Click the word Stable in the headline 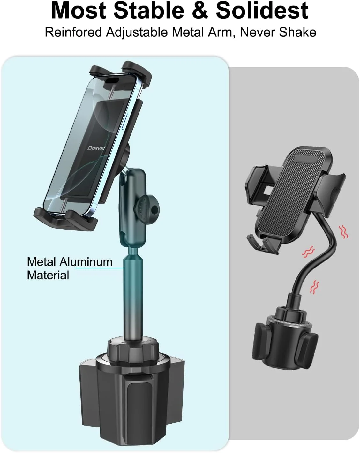point(149,11)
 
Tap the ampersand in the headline point(200,11)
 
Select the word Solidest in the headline point(262,11)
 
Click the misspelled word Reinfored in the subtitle point(73,32)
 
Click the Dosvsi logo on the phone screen point(96,148)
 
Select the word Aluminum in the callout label point(86,262)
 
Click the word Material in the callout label point(48,275)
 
